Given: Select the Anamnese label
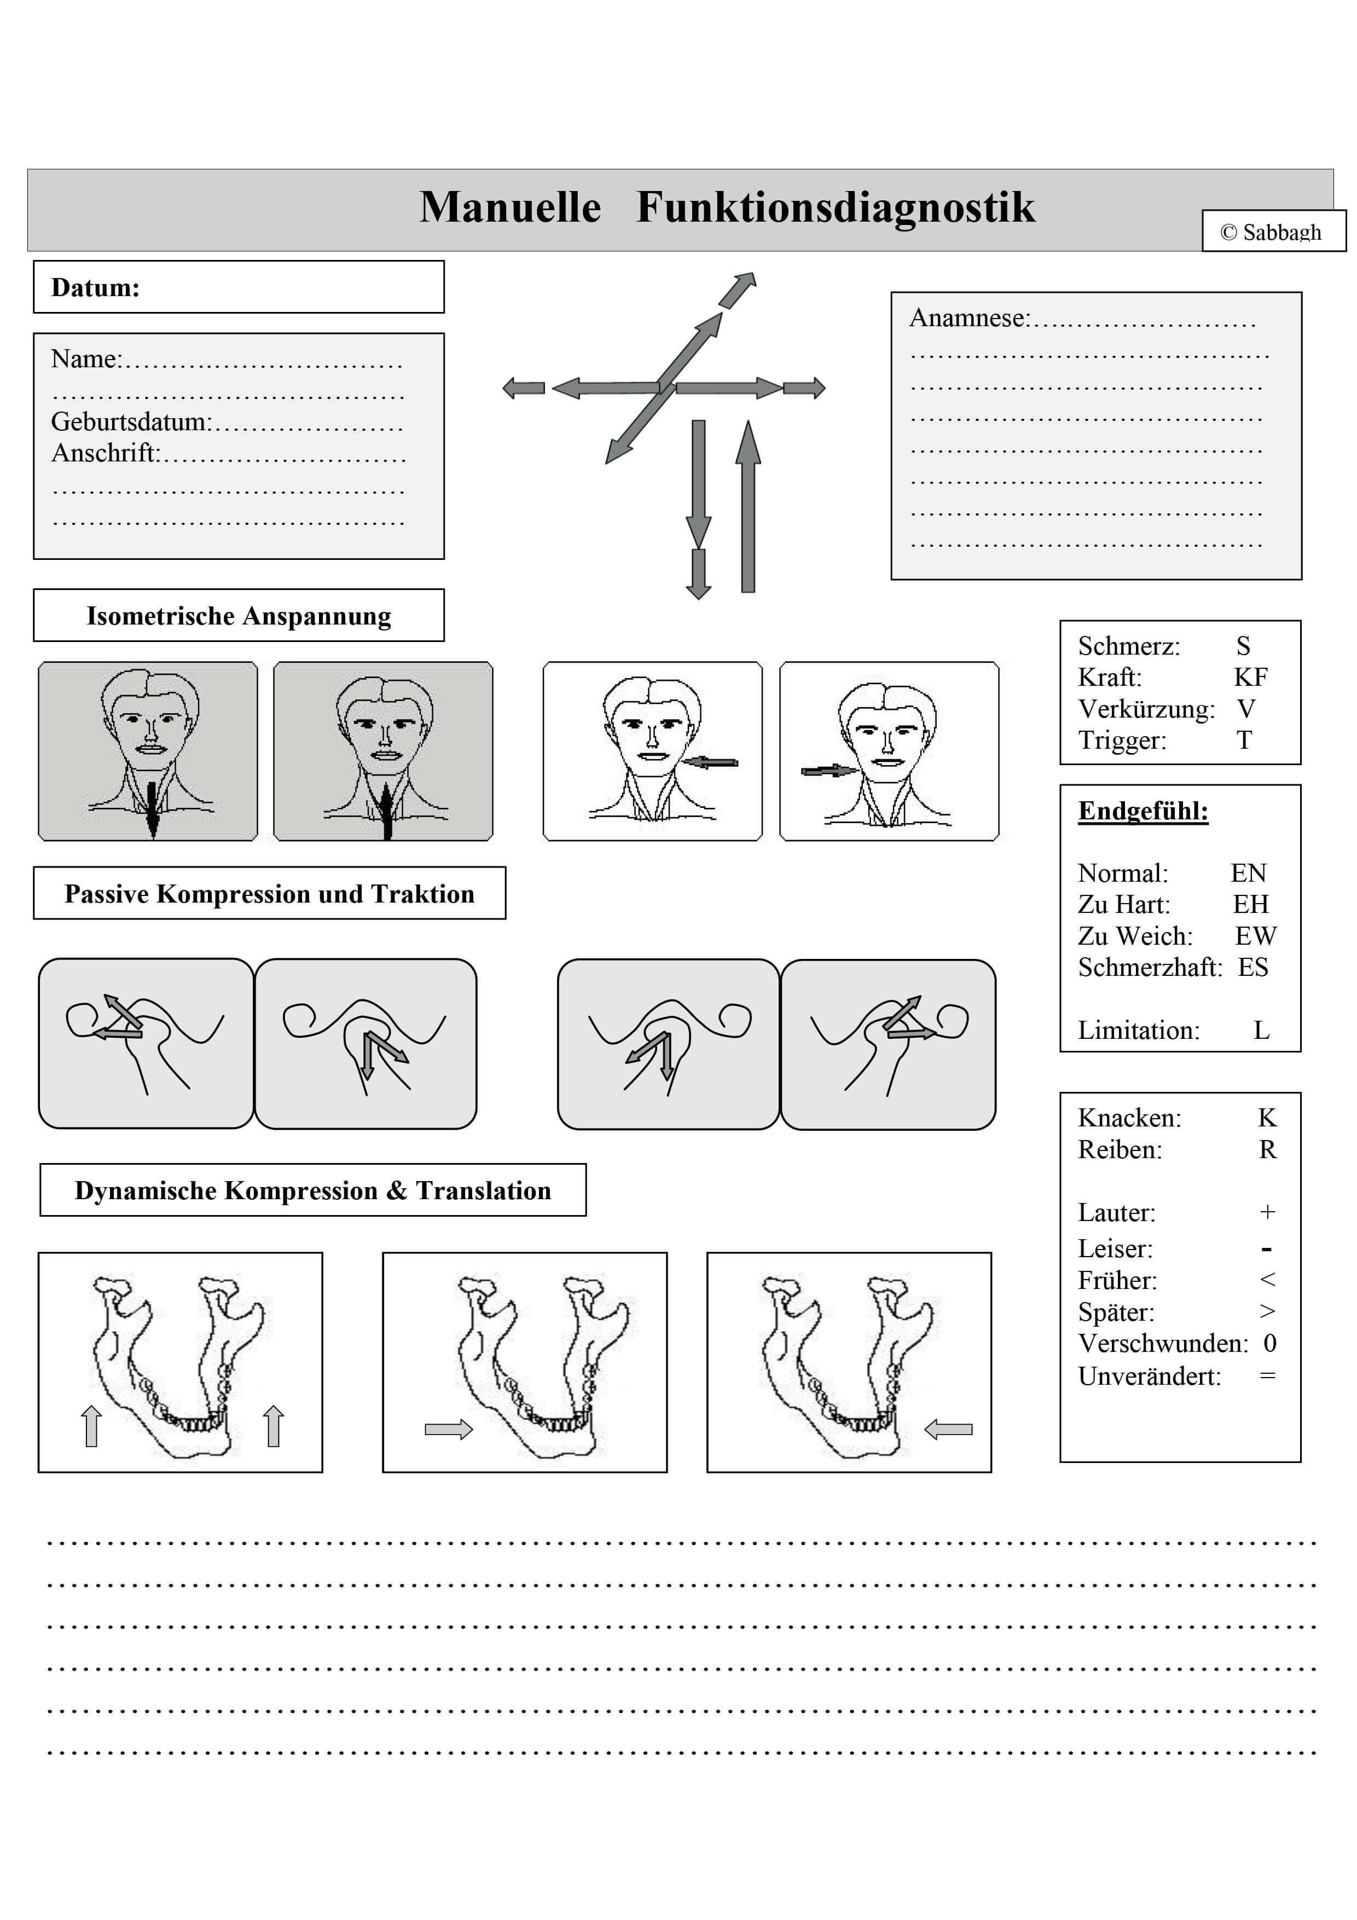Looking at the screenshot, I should pos(970,318).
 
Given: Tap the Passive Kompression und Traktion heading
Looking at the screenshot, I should pos(269,893).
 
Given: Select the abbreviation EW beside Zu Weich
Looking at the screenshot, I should pos(1255,936).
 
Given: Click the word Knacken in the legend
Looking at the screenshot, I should pos(1129,1118).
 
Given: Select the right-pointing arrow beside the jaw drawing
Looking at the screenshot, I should pos(448,1429).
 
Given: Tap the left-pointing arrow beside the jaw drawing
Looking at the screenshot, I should pos(948,1429).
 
